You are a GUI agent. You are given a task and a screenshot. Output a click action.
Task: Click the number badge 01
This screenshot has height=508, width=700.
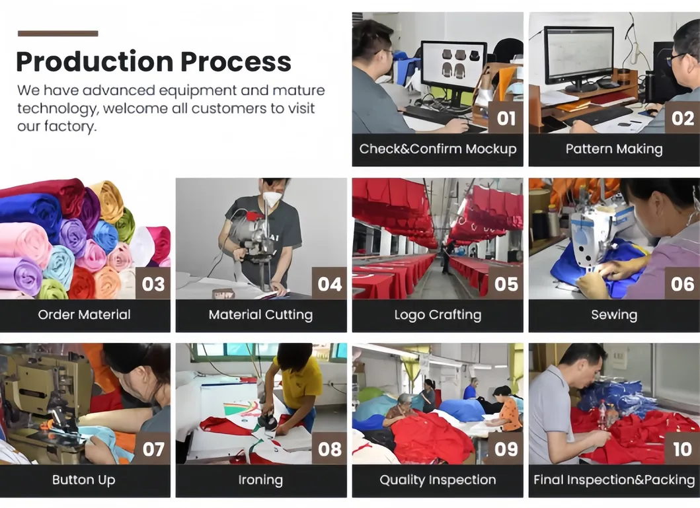[506, 118]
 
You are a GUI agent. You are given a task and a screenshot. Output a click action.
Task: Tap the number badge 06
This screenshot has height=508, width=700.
[681, 283]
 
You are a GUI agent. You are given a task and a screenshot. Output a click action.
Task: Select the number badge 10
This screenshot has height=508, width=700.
[681, 449]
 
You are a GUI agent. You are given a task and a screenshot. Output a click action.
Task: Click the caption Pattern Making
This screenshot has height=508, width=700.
[613, 149]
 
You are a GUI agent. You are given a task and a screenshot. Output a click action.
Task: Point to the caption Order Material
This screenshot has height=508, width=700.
[84, 315]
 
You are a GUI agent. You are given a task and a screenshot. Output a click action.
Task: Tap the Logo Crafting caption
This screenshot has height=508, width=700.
[438, 315]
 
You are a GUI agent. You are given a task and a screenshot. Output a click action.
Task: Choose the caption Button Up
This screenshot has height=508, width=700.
[84, 480]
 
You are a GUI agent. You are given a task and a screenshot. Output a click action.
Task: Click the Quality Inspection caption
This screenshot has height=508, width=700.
[438, 480]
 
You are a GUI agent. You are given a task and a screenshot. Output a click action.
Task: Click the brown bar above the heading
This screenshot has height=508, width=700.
[58, 33]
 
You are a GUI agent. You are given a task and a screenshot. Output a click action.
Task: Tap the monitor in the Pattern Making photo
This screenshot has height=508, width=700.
[578, 55]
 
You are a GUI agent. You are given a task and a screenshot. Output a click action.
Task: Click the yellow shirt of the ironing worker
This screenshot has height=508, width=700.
[298, 384]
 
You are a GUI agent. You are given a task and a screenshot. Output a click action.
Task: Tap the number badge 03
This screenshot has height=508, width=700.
[153, 283]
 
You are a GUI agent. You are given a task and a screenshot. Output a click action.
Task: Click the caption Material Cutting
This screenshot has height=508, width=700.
[260, 315]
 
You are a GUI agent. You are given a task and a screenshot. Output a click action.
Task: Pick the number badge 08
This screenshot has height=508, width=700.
[329, 449]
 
